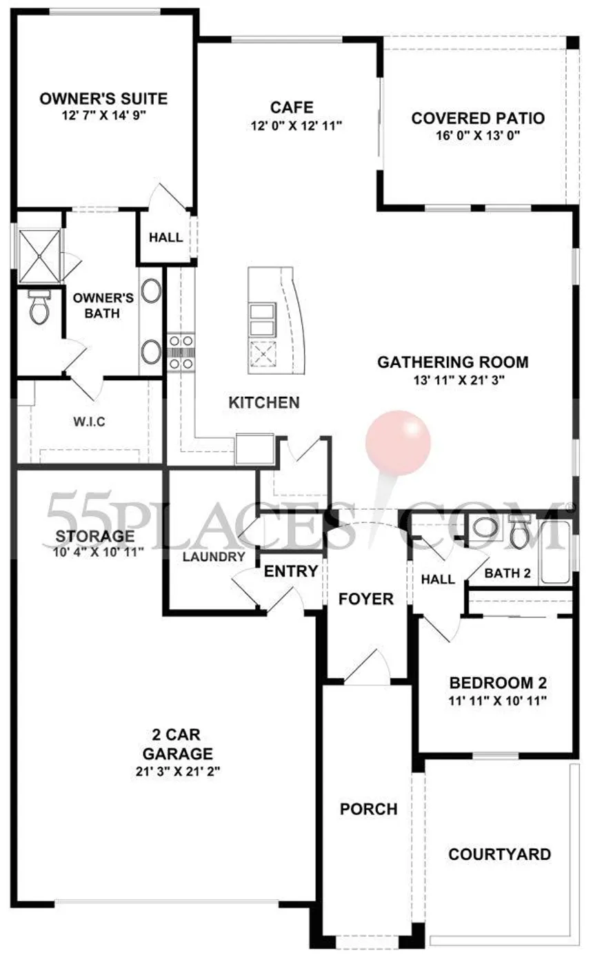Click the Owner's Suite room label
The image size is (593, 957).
click(103, 99)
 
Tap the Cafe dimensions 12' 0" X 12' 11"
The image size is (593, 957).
click(296, 126)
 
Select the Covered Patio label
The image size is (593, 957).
click(478, 119)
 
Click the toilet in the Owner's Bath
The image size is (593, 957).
click(39, 307)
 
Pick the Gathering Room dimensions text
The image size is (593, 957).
click(459, 380)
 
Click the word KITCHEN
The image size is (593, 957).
click(264, 402)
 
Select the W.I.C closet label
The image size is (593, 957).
click(89, 422)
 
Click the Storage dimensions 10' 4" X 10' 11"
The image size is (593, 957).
click(98, 552)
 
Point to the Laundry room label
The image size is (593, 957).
click(214, 557)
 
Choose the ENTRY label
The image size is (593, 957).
click(291, 571)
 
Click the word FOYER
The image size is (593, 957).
click(366, 599)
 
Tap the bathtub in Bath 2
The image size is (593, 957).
click(555, 553)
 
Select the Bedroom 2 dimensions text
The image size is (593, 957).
click(498, 701)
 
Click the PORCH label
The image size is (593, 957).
click(368, 809)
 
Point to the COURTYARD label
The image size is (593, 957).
click(499, 854)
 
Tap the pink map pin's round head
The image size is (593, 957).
click(398, 442)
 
